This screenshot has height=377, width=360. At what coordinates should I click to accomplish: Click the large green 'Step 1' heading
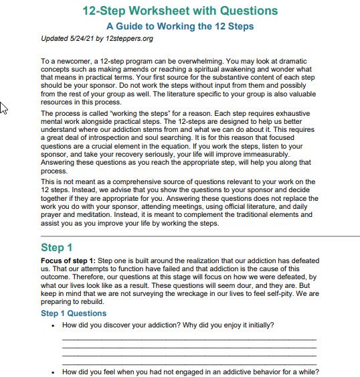point(61,248)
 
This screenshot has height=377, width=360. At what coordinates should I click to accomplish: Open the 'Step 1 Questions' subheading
point(73,313)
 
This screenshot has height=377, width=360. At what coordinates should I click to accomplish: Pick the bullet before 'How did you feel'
point(53,372)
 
